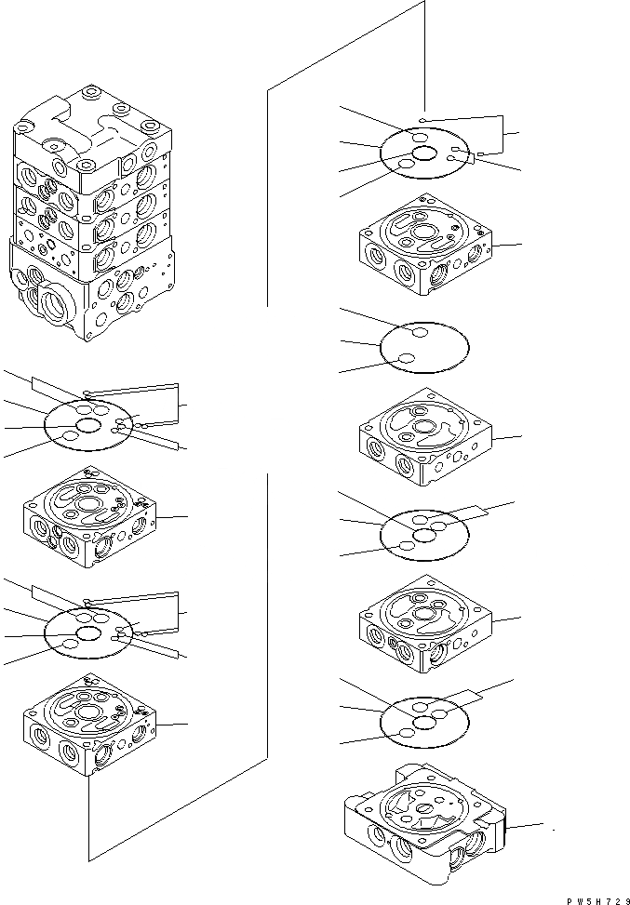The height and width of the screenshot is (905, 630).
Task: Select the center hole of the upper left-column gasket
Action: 89,425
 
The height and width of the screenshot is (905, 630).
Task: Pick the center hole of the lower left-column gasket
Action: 89,632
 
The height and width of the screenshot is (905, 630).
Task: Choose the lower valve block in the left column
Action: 91,725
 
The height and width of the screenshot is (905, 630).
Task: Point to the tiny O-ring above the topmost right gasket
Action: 422,120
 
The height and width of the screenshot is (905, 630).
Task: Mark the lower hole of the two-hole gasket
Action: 406,359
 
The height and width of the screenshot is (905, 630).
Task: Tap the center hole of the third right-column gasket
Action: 426,535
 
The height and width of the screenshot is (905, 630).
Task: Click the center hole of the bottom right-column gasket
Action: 426,720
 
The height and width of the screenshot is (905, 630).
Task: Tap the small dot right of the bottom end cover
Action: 555,829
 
